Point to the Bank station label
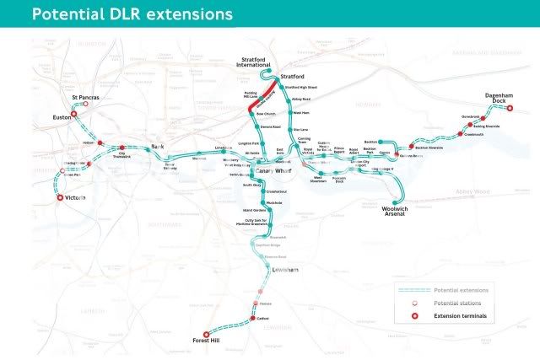[156, 147]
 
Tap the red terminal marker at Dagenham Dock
[510, 109]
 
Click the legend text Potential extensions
[459, 289]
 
